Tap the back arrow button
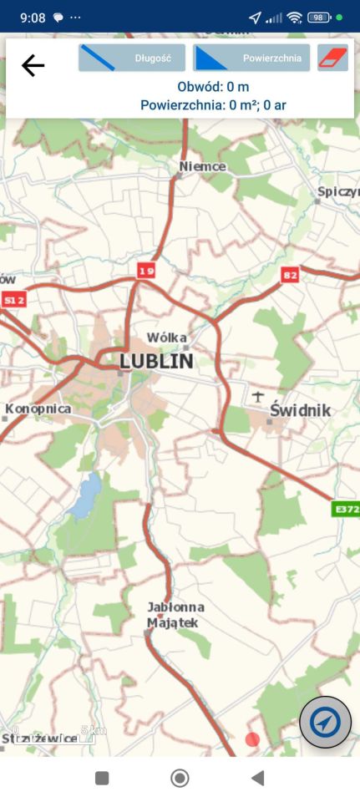33,65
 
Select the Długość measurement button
132,58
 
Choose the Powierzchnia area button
251,58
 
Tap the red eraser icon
332,58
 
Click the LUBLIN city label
156,361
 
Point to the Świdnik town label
301,410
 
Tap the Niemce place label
203,166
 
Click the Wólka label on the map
166,338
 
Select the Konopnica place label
38,409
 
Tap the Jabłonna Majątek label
175,615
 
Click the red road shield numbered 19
147,271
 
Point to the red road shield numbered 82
290,275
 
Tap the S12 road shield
13,299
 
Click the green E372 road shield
346,509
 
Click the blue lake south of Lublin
85,495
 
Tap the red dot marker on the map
252,739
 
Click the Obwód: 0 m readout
213,87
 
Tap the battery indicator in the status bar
319,17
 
